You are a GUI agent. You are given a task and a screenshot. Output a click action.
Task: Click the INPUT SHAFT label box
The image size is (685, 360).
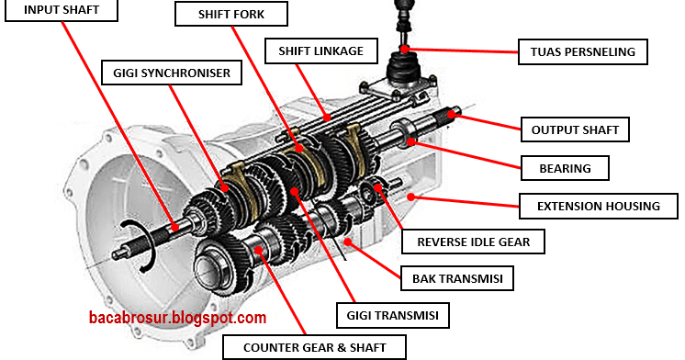tap(62, 9)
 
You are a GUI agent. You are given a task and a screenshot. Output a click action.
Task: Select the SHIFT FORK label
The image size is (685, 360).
tap(231, 14)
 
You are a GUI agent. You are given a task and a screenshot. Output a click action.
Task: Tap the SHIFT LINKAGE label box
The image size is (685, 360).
tap(321, 51)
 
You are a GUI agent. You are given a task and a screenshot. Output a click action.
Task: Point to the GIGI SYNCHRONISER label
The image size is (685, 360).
tap(172, 73)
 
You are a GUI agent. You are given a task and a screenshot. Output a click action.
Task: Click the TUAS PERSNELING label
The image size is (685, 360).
tap(583, 52)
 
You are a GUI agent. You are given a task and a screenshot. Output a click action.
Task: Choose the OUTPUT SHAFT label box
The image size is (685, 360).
tap(575, 129)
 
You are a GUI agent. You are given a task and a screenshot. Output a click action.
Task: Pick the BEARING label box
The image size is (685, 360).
tap(565, 168)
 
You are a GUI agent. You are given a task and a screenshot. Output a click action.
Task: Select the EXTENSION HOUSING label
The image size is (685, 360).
tap(599, 207)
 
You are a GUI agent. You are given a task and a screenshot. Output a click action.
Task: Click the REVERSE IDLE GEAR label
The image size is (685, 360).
tap(473, 242)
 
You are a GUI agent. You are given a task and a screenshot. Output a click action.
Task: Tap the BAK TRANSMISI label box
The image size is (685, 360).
tap(457, 278)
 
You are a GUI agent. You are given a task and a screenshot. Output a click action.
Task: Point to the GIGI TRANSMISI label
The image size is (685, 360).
tap(393, 315)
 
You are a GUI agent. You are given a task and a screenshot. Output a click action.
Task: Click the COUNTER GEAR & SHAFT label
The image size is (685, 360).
tap(315, 348)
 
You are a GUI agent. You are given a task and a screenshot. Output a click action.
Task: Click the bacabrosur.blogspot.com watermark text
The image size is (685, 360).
tap(177, 317)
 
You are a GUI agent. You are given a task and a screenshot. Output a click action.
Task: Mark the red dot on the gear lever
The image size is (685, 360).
tap(405, 49)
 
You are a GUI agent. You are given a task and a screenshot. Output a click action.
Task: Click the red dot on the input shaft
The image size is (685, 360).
tap(174, 227)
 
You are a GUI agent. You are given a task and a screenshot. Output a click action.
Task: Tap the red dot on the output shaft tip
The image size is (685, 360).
tap(452, 115)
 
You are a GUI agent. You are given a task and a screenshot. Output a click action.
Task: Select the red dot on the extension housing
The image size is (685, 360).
tap(410, 197)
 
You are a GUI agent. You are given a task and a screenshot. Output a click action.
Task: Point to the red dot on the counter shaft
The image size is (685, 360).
tap(259, 250)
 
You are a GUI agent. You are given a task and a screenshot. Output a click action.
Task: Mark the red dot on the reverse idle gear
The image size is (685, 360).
tap(377, 188)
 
